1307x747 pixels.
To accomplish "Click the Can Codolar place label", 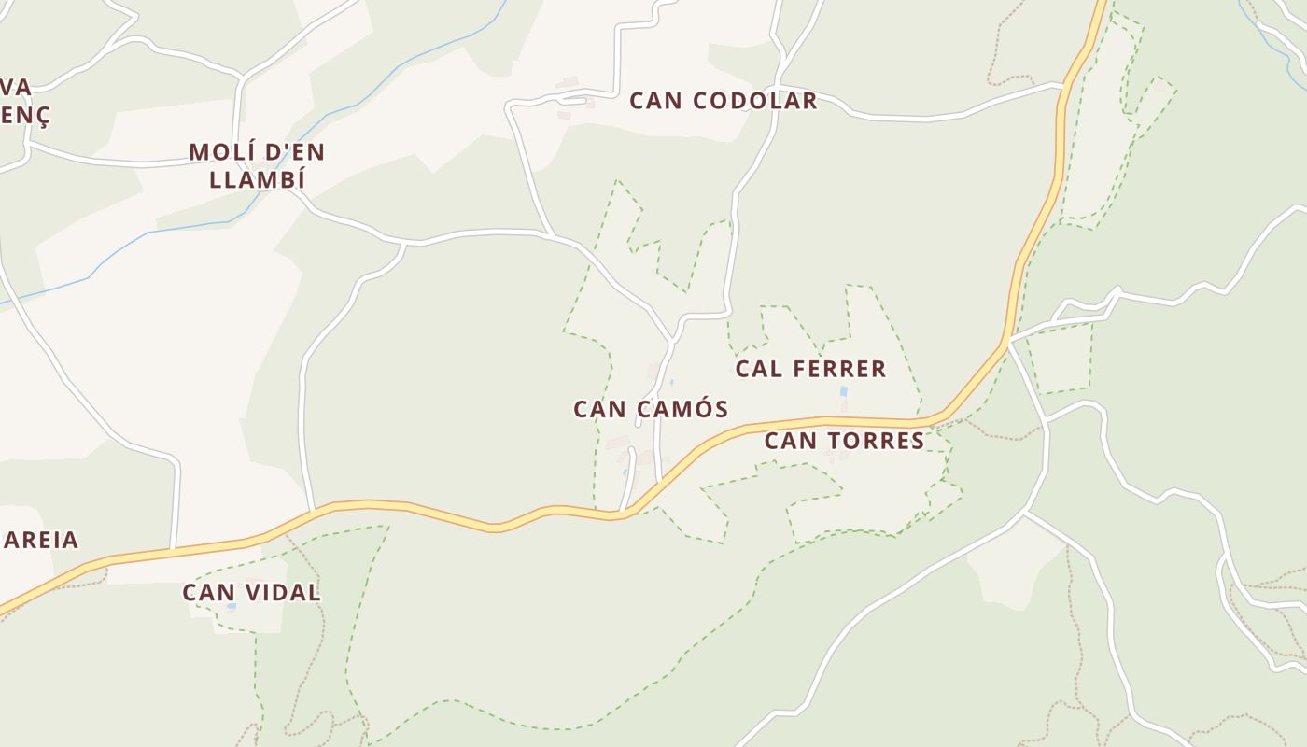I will click(723, 101).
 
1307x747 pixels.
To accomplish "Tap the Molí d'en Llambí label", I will click(257, 165).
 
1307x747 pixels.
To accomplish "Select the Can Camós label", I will click(650, 409).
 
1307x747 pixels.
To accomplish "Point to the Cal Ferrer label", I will click(810, 369).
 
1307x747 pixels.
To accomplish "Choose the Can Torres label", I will click(844, 441).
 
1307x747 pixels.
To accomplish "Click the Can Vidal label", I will click(251, 592).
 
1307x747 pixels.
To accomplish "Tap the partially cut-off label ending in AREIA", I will click(40, 540).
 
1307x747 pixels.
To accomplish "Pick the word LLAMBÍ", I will click(257, 180).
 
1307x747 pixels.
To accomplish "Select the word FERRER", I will click(838, 369).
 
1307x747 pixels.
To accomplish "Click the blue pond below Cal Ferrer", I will click(844, 391).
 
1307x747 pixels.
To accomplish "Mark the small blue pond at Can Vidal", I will click(231, 607).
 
